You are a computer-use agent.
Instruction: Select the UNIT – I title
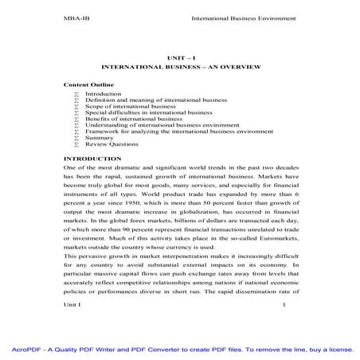click(180, 58)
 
